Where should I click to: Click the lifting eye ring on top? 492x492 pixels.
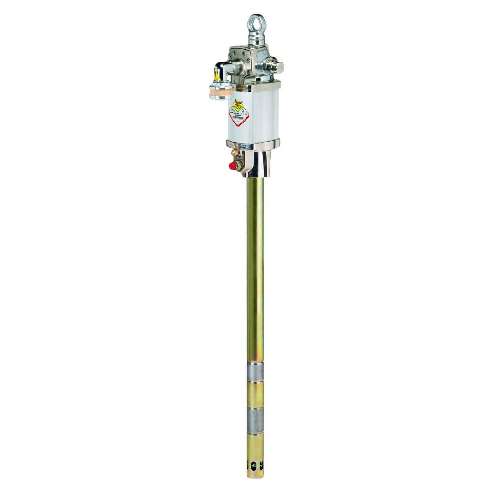coord(256,23)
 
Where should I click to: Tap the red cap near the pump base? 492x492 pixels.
coord(233,166)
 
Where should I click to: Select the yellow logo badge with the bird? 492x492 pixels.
coord(238,104)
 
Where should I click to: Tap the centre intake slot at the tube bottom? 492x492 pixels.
coord(255,467)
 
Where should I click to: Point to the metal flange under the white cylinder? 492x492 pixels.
coord(254,143)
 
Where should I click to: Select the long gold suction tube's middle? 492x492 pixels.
coord(255,271)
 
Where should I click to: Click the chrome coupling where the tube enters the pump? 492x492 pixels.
coord(257,165)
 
